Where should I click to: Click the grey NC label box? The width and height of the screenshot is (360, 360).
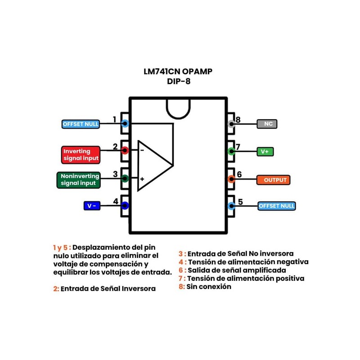pyautogui.click(x=267, y=124)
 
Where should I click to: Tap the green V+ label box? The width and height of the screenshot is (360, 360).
pyautogui.click(x=265, y=152)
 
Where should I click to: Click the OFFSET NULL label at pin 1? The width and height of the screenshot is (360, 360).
pyautogui.click(x=81, y=124)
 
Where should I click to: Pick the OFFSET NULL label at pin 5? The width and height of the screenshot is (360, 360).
pyautogui.click(x=276, y=206)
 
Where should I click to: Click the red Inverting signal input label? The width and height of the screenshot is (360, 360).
pyautogui.click(x=80, y=155)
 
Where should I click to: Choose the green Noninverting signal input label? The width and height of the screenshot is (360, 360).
pyautogui.click(x=78, y=180)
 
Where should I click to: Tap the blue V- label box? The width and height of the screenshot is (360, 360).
pyautogui.click(x=92, y=206)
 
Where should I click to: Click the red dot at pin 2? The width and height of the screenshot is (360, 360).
pyautogui.click(x=125, y=151)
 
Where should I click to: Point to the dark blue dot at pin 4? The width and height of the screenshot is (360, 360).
pyautogui.click(x=125, y=206)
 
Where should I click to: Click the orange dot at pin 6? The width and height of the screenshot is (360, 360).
pyautogui.click(x=231, y=179)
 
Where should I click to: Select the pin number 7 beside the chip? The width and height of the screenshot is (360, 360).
pyautogui.click(x=238, y=147)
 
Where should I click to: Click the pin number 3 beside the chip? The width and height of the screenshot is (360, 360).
pyautogui.click(x=115, y=174)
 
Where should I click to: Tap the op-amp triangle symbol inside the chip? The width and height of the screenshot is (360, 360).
pyautogui.click(x=153, y=164)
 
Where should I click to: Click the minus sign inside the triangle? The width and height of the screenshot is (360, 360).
pyautogui.click(x=142, y=150)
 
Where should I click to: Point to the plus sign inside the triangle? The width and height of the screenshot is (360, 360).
pyautogui.click(x=142, y=179)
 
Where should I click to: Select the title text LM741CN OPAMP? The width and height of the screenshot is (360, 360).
pyautogui.click(x=178, y=72)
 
